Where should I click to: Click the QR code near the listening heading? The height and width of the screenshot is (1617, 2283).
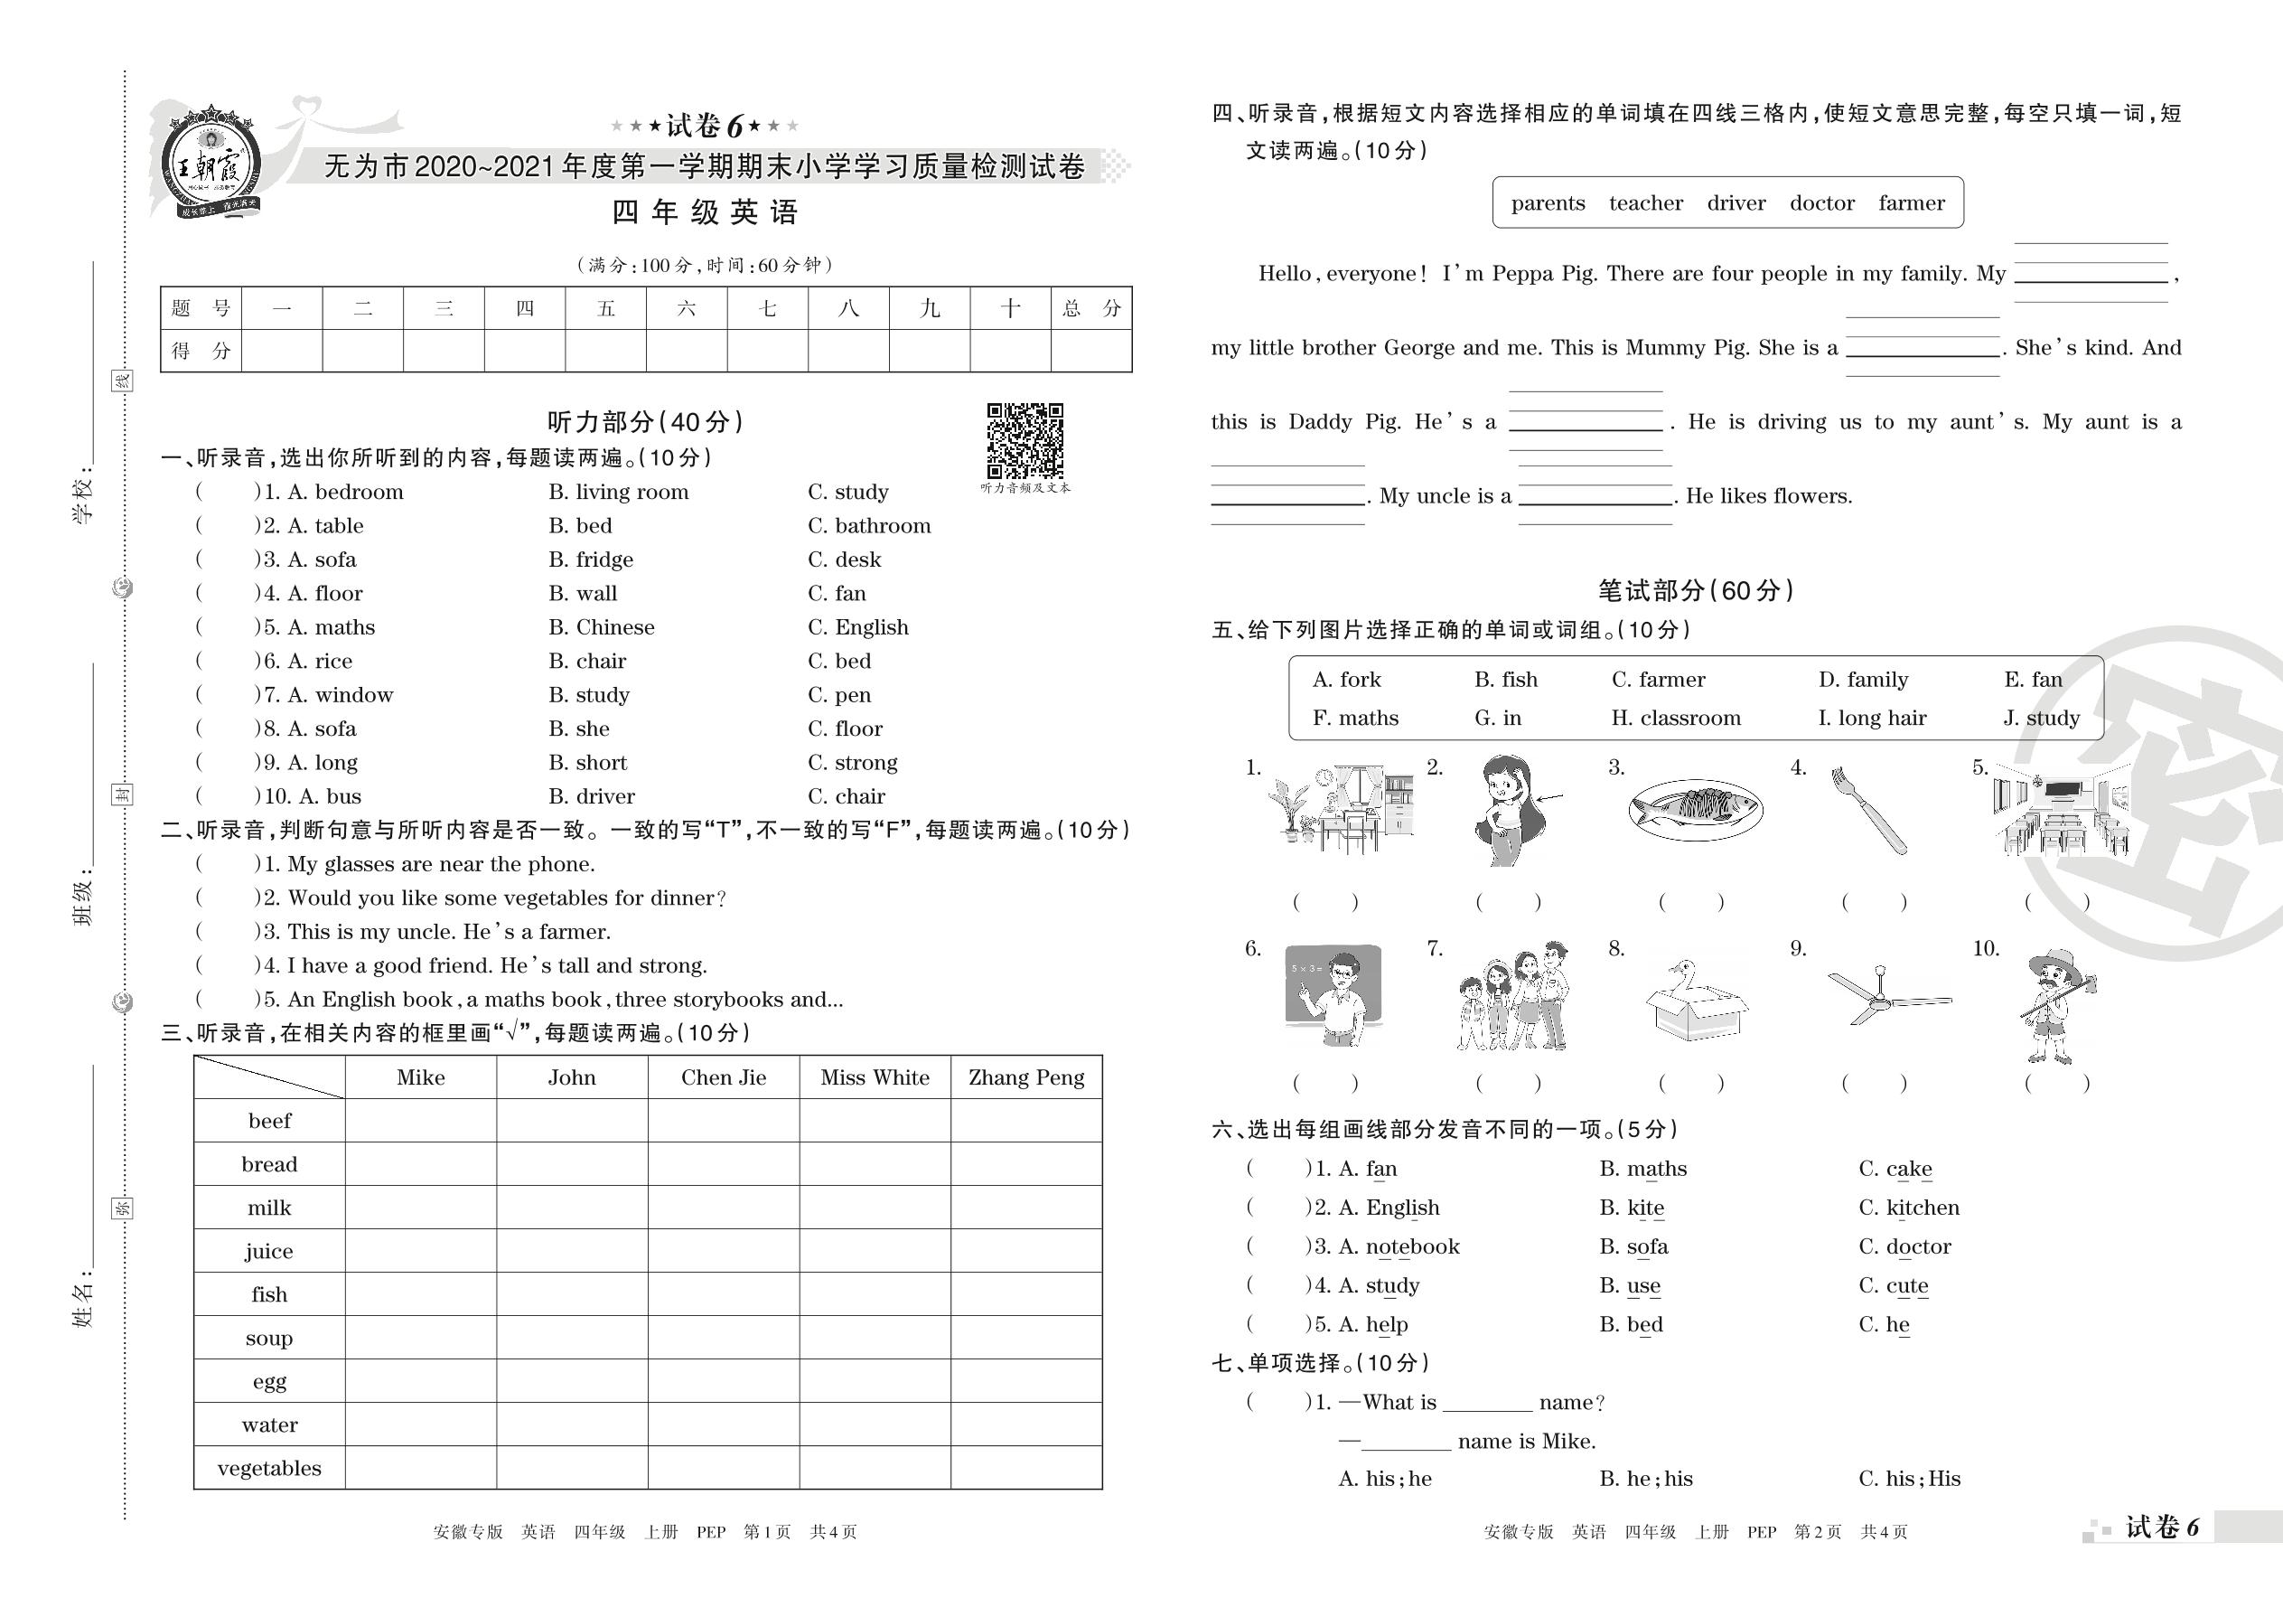[x=1025, y=440]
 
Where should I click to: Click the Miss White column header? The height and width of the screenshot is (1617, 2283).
[x=875, y=1077]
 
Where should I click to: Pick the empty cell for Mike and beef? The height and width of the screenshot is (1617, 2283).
[x=420, y=1120]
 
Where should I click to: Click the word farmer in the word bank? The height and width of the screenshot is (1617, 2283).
[x=1911, y=203]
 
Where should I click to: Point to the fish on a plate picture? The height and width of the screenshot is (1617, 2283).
[x=1695, y=808]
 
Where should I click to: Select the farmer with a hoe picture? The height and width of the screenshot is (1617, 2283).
[x=2058, y=1006]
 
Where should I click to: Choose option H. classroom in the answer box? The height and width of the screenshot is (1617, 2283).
[x=1676, y=718]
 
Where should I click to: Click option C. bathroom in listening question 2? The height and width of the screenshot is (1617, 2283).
[x=869, y=526]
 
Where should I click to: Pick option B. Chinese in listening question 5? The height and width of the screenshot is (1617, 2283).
[x=601, y=627]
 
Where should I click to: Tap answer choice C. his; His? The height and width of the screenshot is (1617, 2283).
[x=1909, y=1479]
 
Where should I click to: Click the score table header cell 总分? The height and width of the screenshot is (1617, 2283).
[x=1090, y=308]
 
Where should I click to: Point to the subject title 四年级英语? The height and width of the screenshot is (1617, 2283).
[x=705, y=212]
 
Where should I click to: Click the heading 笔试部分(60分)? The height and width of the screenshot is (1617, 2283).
[x=1696, y=590]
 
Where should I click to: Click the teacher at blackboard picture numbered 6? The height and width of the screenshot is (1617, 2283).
[x=1333, y=994]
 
